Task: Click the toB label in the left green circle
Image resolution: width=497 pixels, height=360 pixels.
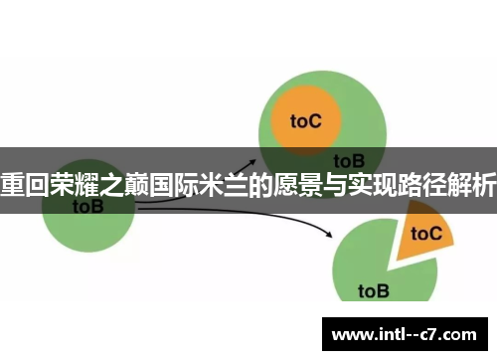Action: coord(87,207)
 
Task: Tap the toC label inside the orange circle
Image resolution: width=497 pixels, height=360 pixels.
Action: coord(306,120)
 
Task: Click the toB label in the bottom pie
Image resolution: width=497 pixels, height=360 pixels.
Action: coord(373,291)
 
